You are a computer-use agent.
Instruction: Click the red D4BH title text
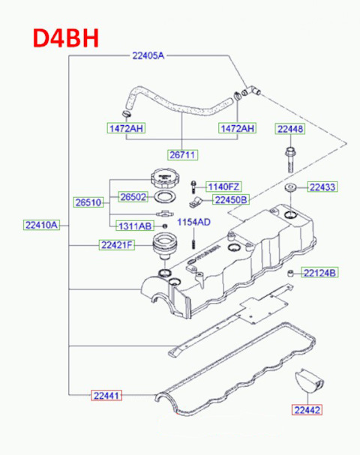(64, 37)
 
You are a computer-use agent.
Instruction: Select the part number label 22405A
(148, 55)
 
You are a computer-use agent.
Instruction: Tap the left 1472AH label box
(124, 129)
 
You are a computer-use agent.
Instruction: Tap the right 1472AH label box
(237, 129)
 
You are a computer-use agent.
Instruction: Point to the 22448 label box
(289, 129)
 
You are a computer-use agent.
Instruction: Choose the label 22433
(322, 187)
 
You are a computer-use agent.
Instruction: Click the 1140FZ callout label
(223, 186)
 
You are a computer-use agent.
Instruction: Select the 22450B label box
(231, 199)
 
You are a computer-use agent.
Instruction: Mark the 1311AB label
(135, 226)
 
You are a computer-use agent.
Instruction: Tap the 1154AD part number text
(193, 222)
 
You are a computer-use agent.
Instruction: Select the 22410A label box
(40, 225)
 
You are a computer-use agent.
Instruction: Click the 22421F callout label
(116, 244)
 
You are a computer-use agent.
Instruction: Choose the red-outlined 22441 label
(108, 394)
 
